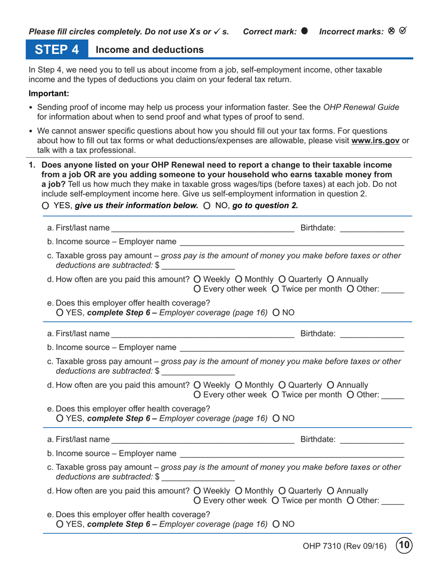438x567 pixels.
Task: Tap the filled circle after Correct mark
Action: pos(304,31)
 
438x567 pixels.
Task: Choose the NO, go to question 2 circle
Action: pos(207,206)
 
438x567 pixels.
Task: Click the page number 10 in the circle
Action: pos(404,546)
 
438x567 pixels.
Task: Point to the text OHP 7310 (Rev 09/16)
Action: pos(344,547)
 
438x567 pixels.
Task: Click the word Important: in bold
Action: pos(49,94)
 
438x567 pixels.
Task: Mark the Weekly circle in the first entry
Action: pos(197,279)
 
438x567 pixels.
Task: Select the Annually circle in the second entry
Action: pos(330,385)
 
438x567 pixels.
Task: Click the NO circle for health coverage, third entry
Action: pos(276,524)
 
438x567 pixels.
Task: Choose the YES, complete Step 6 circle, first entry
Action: pos(59,313)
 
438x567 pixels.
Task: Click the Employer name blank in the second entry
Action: pos(291,347)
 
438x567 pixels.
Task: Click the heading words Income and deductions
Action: pos(149,50)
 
